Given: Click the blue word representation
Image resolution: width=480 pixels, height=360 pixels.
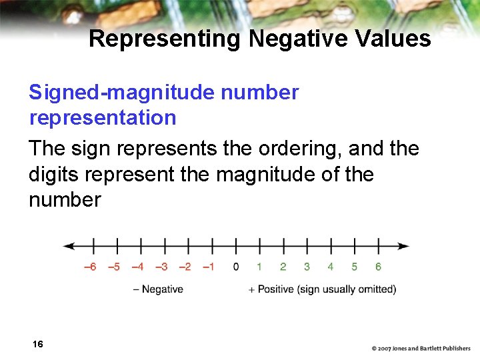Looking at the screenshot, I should (103, 118).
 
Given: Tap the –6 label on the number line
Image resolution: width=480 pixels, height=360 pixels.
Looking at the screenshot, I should (89, 267).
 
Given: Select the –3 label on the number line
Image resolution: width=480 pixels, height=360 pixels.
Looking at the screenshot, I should (161, 267).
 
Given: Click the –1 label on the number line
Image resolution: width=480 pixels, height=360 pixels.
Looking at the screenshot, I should (209, 267).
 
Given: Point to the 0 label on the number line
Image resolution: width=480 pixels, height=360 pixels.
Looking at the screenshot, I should (235, 267).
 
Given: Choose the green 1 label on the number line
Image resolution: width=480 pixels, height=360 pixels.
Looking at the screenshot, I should (259, 267).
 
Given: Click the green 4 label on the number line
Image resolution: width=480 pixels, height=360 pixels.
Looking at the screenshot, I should (330, 267).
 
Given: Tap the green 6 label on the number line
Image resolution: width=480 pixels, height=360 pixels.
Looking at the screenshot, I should (378, 267).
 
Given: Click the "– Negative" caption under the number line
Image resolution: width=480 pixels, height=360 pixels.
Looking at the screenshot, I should (158, 289).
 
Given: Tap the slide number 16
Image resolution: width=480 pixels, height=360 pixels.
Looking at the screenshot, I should (37, 344).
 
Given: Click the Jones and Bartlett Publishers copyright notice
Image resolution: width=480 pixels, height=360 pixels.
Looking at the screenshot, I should (421, 348).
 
